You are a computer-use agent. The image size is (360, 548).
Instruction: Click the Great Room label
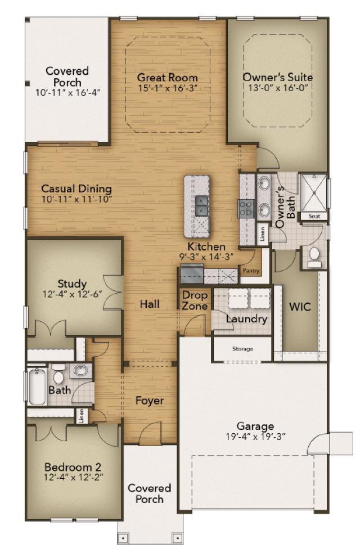coord(167,77)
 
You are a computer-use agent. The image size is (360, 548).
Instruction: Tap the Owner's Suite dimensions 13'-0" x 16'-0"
coord(278,88)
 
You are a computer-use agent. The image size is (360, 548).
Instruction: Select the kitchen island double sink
coord(201,205)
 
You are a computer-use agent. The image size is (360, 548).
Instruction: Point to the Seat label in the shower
coord(314,217)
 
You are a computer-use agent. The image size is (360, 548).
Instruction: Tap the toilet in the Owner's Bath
coord(314,257)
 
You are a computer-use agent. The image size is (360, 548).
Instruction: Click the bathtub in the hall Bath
coord(37,385)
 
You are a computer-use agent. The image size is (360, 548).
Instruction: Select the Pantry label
coord(251,271)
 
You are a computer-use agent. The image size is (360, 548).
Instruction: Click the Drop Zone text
coord(195,300)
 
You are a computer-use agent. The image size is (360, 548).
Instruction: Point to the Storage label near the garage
coord(242,349)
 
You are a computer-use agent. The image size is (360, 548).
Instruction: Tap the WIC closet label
coord(300,307)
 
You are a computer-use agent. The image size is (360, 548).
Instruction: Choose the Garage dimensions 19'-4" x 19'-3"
coord(256,437)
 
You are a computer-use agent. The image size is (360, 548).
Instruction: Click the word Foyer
coord(150,401)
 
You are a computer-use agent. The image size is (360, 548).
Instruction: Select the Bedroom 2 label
coord(73,467)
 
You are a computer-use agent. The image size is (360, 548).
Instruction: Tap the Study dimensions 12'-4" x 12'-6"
coord(72,294)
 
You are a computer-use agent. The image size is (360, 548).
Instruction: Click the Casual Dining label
coord(76,188)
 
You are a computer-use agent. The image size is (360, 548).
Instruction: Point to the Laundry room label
coord(246,319)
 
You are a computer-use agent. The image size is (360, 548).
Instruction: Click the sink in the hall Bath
coord(81,370)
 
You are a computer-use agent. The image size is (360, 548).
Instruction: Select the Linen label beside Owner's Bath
coord(263,234)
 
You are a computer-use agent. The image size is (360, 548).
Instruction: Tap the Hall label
coord(150,304)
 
